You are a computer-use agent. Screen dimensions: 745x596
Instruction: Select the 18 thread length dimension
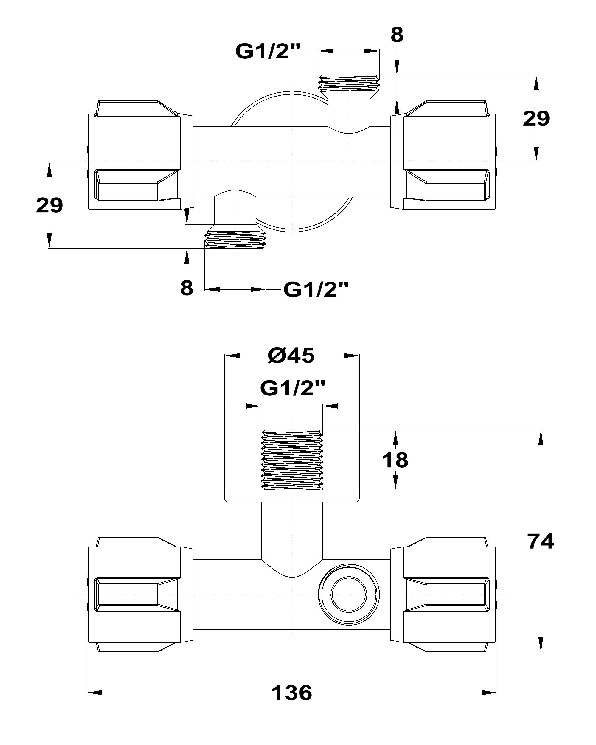[395, 460]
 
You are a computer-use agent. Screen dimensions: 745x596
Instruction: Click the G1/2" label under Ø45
[292, 389]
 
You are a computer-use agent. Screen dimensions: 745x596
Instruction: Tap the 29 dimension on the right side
[536, 119]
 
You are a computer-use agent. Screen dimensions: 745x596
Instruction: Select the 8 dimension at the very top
[397, 35]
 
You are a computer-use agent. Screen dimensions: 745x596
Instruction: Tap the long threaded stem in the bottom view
[292, 460]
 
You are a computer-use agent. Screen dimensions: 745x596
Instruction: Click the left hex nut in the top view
[135, 155]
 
